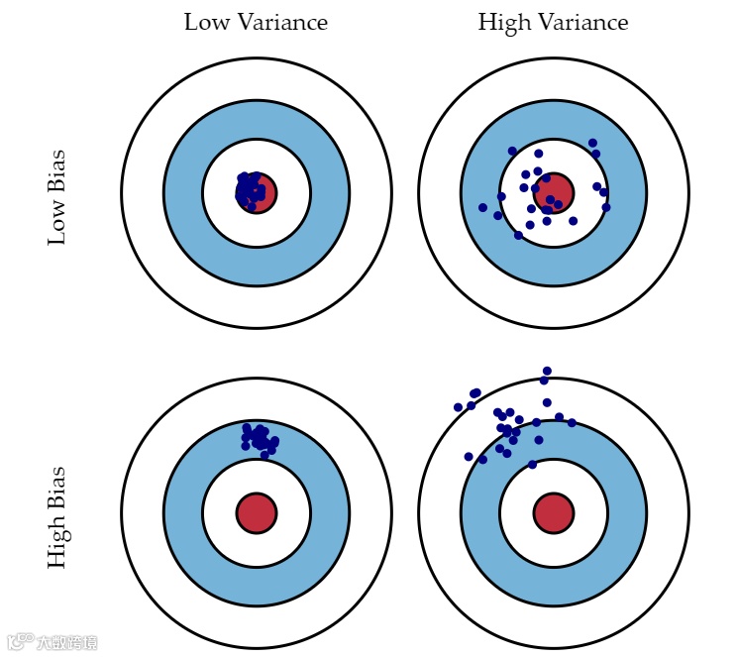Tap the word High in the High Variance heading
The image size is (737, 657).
pos(503,22)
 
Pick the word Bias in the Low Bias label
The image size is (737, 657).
pos(57,171)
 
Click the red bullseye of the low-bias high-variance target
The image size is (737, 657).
pos(555,192)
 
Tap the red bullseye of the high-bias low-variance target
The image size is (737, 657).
pos(257,513)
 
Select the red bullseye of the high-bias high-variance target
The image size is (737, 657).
pos(554,513)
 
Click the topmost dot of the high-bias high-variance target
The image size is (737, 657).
pos(547,371)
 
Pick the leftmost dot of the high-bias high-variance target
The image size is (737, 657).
pos(458,407)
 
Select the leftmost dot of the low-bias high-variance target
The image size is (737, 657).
pos(482,208)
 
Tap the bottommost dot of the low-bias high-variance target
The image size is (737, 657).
pos(518,235)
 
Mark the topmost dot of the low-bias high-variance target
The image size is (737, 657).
pos(592,143)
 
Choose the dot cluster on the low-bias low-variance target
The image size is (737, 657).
pos(251,189)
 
